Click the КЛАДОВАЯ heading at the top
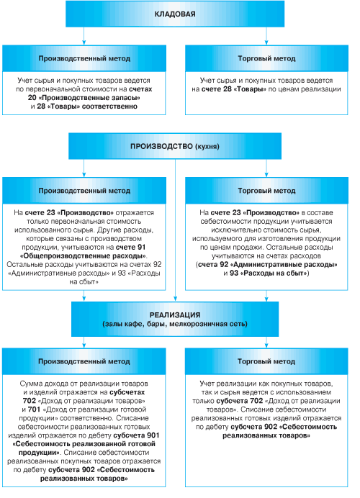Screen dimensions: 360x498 [175, 14]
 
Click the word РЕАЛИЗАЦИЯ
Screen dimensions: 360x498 [175, 315]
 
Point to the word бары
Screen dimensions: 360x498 [157, 324]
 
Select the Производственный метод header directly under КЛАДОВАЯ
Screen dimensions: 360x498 [84, 58]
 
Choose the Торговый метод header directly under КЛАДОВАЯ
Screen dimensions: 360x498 [266, 58]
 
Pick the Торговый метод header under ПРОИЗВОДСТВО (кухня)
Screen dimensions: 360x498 [266, 191]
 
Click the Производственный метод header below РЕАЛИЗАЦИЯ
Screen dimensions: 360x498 [84, 361]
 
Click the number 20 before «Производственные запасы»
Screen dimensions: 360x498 [32, 97]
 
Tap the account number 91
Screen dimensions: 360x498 [141, 247]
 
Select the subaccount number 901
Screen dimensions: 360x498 [153, 435]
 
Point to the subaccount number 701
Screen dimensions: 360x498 [34, 409]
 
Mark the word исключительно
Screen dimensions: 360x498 [231, 230]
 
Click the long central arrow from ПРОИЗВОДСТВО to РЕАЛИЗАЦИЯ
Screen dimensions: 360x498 [175, 230]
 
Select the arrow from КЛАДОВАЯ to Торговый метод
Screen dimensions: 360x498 [266, 36]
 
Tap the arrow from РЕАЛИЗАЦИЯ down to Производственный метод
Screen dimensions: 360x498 [84, 343]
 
